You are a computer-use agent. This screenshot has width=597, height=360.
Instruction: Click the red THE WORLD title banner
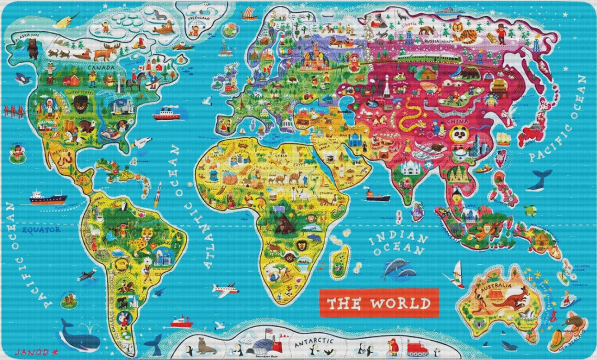pyautogui.click(x=379, y=303)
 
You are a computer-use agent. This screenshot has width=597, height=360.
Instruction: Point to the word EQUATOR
pyautogui.click(x=41, y=229)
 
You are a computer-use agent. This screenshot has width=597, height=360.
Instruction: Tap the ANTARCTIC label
pyautogui.click(x=314, y=343)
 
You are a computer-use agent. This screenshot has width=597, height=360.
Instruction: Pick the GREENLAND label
pyautogui.click(x=199, y=18)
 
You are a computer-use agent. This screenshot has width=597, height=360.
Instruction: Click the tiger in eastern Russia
pyautogui.click(x=464, y=35)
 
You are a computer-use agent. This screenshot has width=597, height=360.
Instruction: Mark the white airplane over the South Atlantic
pyautogui.click(x=225, y=289)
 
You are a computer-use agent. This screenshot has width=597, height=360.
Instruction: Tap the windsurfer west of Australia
pyautogui.click(x=457, y=274)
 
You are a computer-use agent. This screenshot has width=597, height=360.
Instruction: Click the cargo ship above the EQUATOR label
pyautogui.click(x=48, y=197)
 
